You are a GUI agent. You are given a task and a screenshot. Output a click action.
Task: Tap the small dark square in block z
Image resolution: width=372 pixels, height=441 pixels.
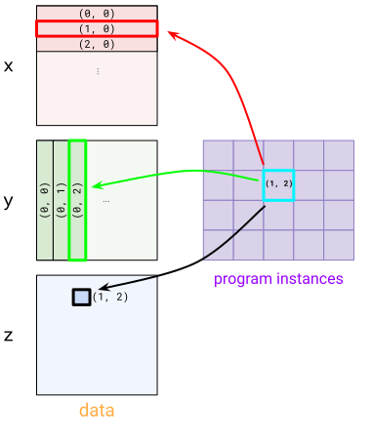[82, 296]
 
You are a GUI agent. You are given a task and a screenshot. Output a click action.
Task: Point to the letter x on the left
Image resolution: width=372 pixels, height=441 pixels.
[9, 66]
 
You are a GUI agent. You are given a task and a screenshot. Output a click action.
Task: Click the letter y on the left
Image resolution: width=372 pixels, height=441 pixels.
[9, 202]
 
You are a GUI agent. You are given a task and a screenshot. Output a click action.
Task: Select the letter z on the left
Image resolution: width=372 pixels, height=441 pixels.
[9, 336]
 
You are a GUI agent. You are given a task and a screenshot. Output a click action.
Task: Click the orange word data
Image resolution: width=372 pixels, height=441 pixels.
[97, 411]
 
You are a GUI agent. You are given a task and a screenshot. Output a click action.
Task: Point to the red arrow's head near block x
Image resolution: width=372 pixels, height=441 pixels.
[172, 34]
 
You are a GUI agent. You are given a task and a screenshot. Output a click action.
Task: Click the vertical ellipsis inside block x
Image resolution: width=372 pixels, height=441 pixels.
[98, 71]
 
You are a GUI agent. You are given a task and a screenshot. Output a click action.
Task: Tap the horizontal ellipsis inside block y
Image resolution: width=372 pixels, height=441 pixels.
[105, 202]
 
